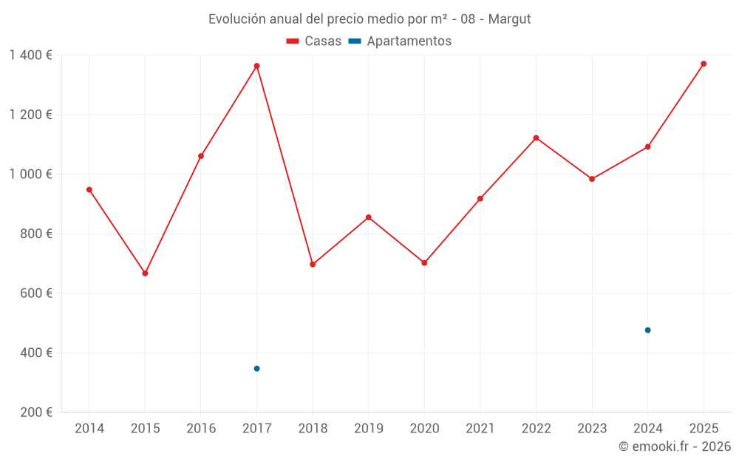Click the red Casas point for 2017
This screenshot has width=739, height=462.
(x=256, y=66)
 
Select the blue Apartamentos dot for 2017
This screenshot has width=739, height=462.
(x=256, y=368)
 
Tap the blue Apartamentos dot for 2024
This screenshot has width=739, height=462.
(x=647, y=330)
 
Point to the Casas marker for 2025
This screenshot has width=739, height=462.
(x=704, y=64)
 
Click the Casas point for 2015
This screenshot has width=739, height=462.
(x=145, y=274)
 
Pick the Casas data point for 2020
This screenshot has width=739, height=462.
(x=424, y=262)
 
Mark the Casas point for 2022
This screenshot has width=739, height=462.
(x=536, y=138)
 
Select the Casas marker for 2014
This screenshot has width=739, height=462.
(x=89, y=190)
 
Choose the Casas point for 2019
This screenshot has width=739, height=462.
(x=368, y=217)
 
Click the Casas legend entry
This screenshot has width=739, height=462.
(x=314, y=41)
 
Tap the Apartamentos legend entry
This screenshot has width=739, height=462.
(x=400, y=41)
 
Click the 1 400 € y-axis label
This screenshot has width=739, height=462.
(x=30, y=55)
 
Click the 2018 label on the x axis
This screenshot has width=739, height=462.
(x=313, y=429)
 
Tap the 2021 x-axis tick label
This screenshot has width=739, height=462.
(x=480, y=429)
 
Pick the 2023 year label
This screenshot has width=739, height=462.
(x=591, y=429)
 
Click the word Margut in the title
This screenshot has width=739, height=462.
(x=509, y=19)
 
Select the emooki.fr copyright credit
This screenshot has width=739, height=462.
(x=675, y=446)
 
